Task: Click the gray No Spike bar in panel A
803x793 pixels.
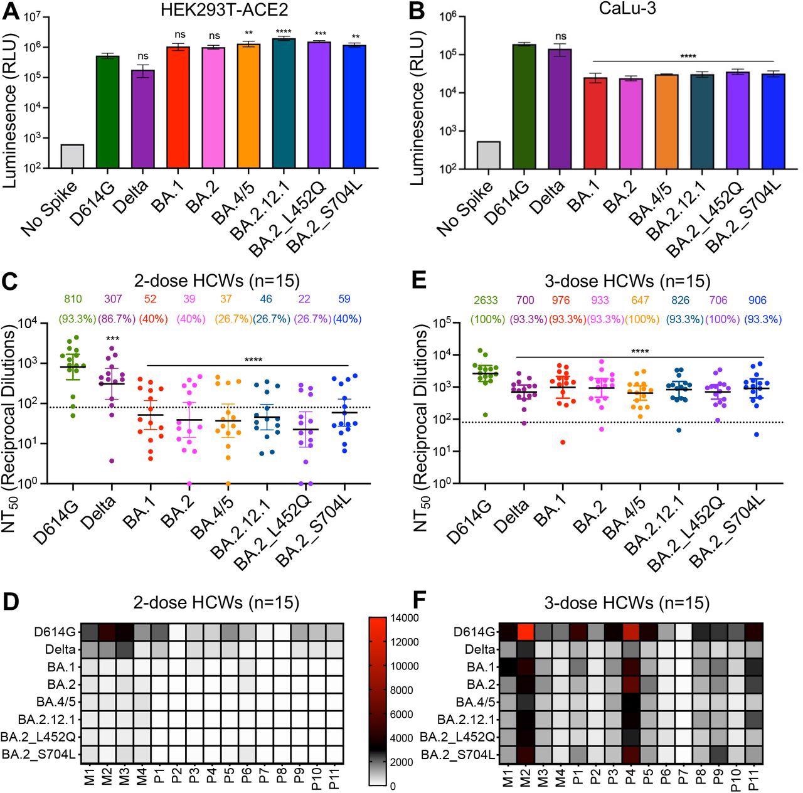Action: pyautogui.click(x=73, y=156)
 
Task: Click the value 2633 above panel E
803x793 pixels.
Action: pyautogui.click(x=484, y=301)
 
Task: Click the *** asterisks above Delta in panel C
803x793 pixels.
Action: pyautogui.click(x=112, y=339)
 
